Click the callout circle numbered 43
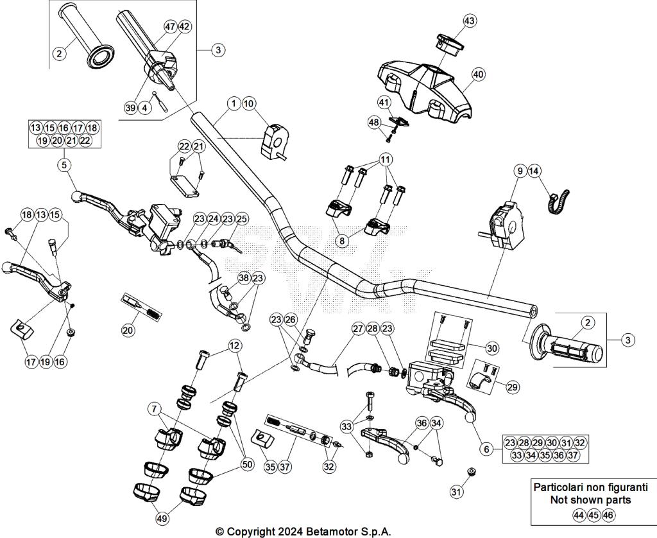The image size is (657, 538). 470,21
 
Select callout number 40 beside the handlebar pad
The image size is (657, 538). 478,74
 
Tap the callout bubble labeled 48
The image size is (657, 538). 374,122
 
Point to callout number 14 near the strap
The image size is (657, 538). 534,171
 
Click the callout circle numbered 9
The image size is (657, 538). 519,171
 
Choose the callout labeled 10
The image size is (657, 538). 249,103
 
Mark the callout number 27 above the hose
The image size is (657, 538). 357,329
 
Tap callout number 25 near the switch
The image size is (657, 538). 241,219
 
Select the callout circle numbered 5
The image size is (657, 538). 64,165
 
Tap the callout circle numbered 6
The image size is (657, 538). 487,449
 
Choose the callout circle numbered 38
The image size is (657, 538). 243,278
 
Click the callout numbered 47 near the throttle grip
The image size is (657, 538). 169,27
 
